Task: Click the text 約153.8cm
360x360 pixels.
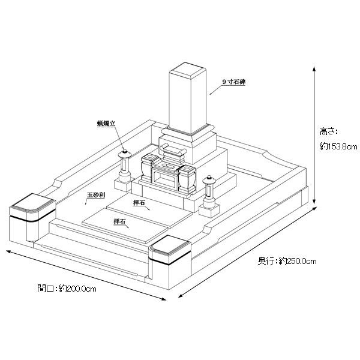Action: [338, 146]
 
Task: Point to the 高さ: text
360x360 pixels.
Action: [329, 130]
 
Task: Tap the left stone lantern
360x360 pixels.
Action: [126, 166]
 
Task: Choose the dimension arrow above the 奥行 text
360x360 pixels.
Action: [246, 252]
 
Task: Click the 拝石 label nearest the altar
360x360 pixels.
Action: [139, 202]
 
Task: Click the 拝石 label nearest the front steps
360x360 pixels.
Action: [119, 222]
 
